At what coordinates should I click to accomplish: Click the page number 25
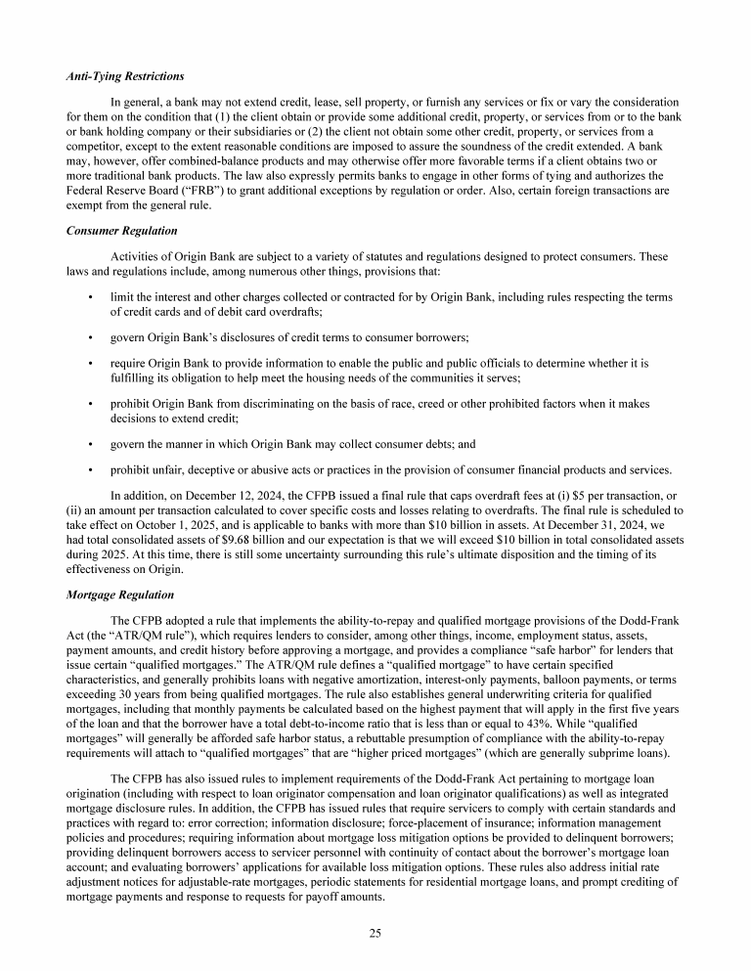pos(375,933)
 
